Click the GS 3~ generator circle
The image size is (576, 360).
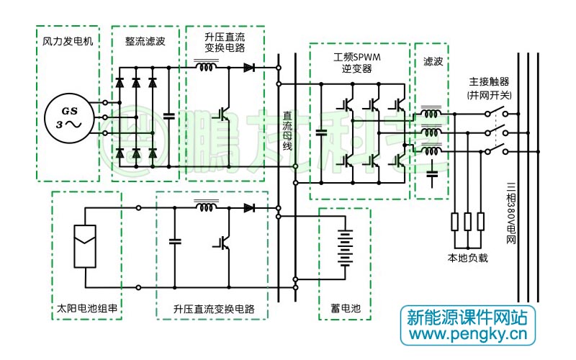pos(68,117)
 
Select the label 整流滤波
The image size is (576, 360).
pos(145,41)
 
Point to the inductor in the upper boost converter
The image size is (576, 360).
pos(207,68)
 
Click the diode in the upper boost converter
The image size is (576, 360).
pos(249,68)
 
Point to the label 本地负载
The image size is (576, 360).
pos(467,257)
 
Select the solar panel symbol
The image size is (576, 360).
pos(86,246)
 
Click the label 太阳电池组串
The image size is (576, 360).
pos(87,309)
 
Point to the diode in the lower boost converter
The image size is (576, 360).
pos(249,208)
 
